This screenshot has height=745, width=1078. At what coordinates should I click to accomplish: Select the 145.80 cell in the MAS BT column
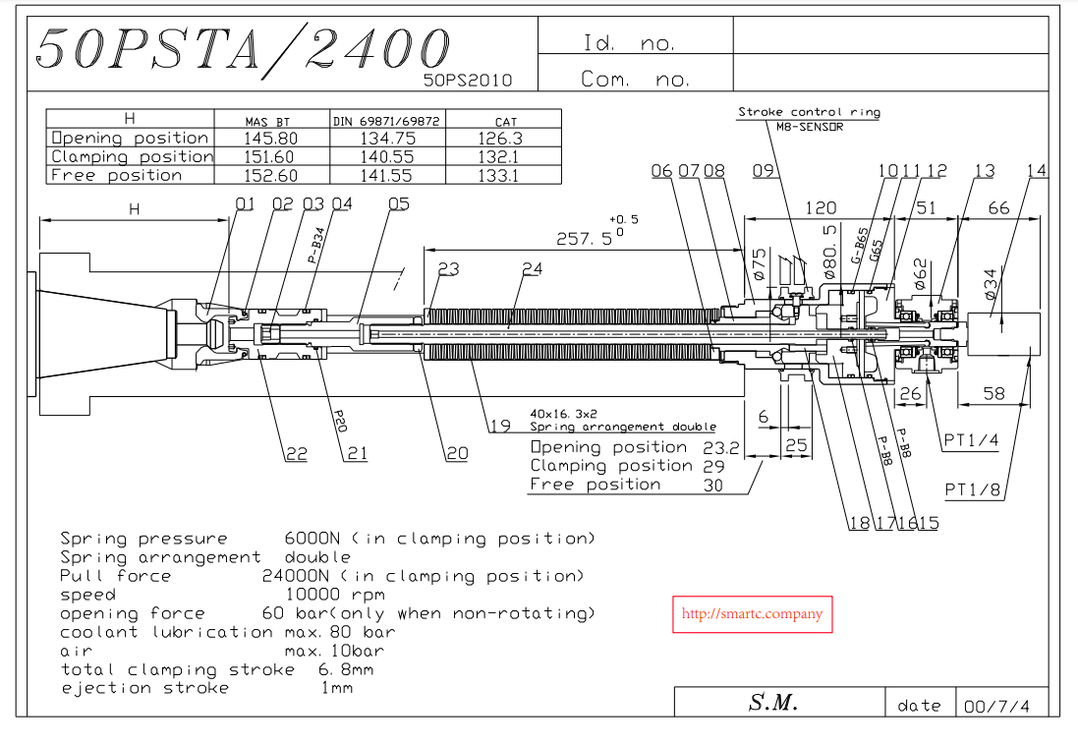(x=270, y=139)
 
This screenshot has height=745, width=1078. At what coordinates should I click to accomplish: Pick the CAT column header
(x=505, y=121)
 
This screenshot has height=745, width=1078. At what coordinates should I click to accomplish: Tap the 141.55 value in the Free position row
(x=388, y=176)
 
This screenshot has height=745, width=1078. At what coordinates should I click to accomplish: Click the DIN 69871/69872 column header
(x=387, y=121)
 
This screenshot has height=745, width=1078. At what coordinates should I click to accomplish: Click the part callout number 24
(x=533, y=268)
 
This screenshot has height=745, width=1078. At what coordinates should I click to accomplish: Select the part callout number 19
(x=500, y=426)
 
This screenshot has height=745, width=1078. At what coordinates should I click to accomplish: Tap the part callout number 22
(x=296, y=453)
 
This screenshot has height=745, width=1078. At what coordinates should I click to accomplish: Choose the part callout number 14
(x=1037, y=171)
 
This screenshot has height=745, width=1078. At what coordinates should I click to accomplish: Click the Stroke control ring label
(x=809, y=112)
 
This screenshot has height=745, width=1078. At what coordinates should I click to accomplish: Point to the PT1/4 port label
(x=971, y=440)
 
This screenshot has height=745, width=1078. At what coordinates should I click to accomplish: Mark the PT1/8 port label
(x=973, y=489)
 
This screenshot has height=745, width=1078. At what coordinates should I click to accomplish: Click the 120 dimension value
(x=821, y=207)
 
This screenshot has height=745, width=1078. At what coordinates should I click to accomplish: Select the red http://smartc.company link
(x=752, y=614)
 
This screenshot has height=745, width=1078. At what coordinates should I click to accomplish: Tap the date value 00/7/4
(x=998, y=705)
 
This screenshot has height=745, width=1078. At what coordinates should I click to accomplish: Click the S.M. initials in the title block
(x=772, y=703)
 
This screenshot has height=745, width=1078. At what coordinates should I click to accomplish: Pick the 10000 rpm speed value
(x=334, y=595)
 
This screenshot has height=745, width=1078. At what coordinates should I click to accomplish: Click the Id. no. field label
(x=629, y=44)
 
